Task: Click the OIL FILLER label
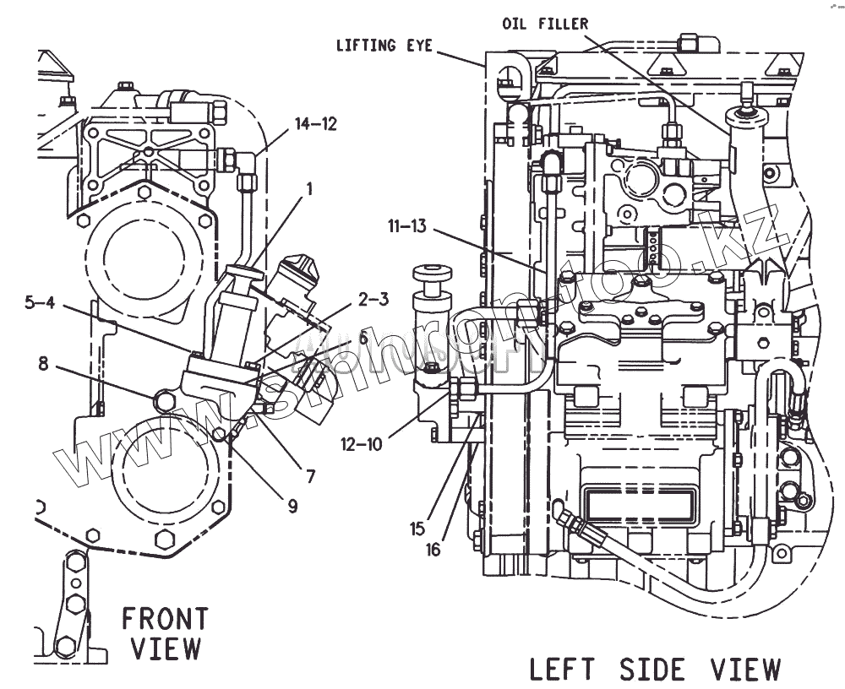click(x=545, y=24)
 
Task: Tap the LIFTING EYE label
click(x=384, y=46)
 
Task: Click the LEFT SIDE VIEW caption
click(x=655, y=669)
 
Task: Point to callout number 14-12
click(x=315, y=124)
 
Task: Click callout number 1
click(x=309, y=190)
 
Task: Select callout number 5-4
click(x=40, y=303)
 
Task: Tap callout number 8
click(x=42, y=365)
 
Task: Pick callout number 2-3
click(x=372, y=300)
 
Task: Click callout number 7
click(x=310, y=476)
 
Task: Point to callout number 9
click(x=292, y=506)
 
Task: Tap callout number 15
click(x=417, y=529)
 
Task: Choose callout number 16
click(x=433, y=550)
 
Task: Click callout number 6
click(x=363, y=337)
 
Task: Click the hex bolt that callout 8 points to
click(x=165, y=397)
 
